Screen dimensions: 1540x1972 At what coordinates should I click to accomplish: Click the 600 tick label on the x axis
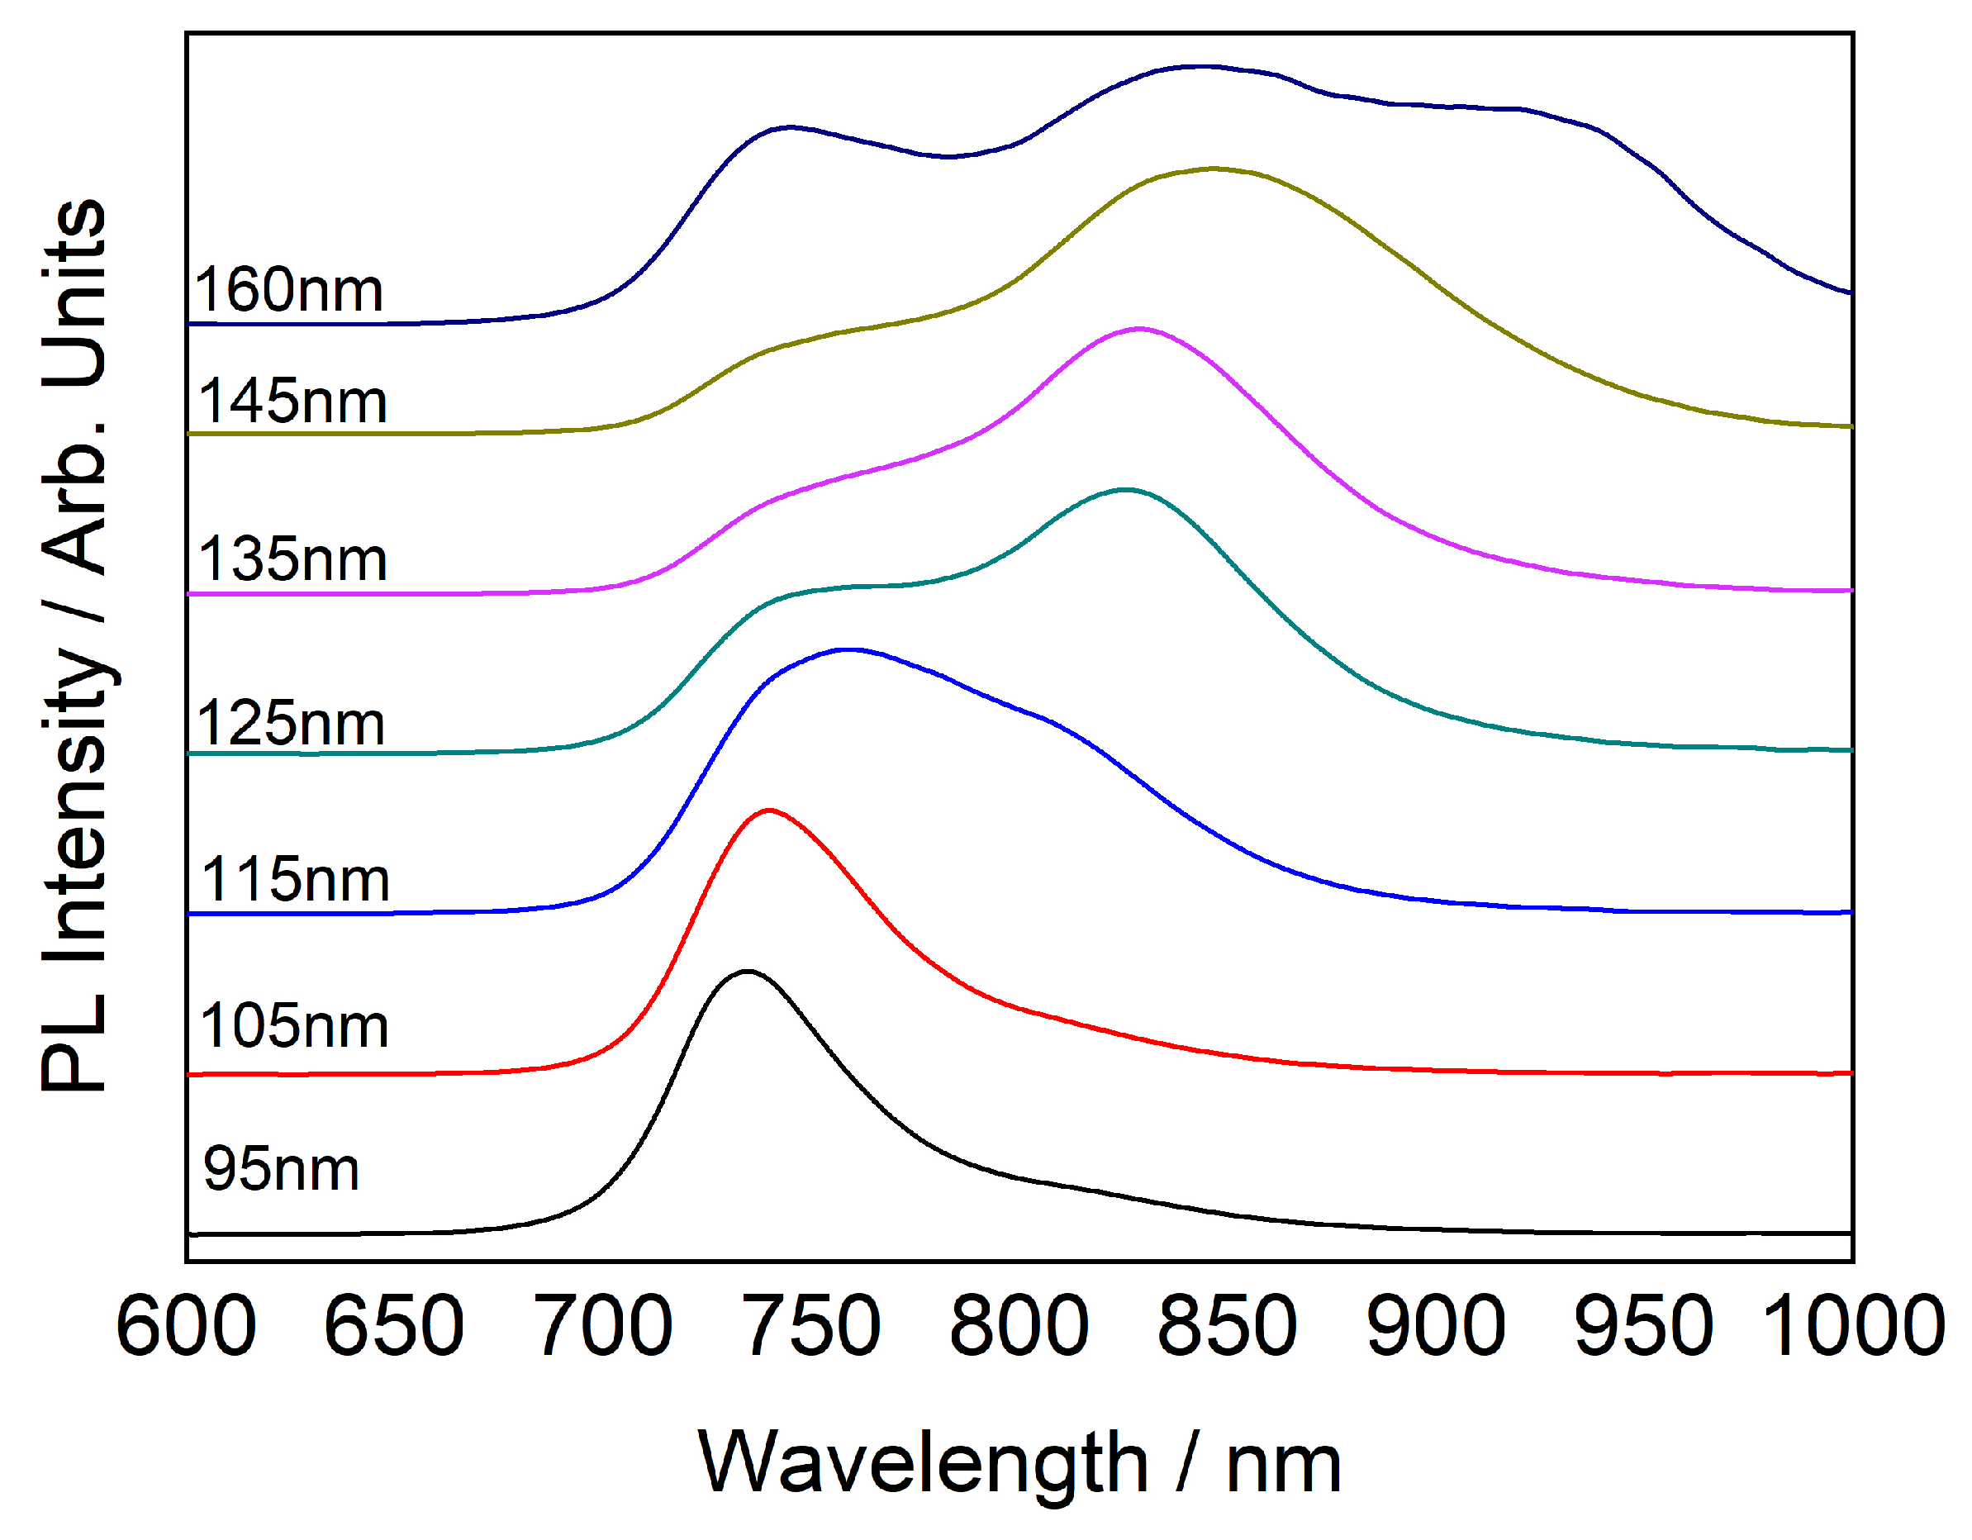[186, 1325]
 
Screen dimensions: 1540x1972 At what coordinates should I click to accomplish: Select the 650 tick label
[394, 1325]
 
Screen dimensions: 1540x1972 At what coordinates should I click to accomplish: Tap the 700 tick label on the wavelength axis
[602, 1325]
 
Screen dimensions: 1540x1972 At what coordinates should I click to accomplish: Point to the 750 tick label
[810, 1325]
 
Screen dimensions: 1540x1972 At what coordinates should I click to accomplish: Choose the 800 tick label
[1019, 1325]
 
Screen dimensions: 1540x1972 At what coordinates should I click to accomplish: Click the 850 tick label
[1227, 1325]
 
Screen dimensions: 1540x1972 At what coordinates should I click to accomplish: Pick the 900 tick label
[1436, 1325]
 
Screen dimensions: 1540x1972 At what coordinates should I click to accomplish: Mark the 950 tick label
[1643, 1325]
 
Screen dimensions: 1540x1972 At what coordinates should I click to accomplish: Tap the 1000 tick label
[1853, 1325]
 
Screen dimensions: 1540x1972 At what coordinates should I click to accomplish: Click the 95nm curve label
[281, 1169]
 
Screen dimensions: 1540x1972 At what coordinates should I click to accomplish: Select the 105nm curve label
[293, 1026]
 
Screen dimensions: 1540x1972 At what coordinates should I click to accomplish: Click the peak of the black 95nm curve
[747, 972]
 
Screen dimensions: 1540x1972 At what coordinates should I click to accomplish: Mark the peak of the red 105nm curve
[768, 810]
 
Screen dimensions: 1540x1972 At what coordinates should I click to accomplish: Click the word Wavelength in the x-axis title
[922, 1462]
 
